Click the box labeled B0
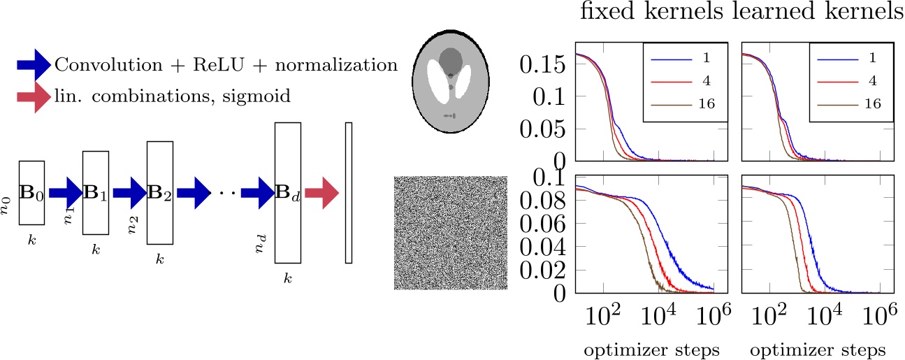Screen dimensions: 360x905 [31, 193]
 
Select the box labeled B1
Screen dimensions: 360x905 [96, 193]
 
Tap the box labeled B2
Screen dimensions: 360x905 [160, 193]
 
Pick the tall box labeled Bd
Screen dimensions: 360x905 [287, 193]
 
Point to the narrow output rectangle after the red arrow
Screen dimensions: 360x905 [349, 193]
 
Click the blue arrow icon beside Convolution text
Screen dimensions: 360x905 [32, 65]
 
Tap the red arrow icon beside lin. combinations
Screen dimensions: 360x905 [32, 95]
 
